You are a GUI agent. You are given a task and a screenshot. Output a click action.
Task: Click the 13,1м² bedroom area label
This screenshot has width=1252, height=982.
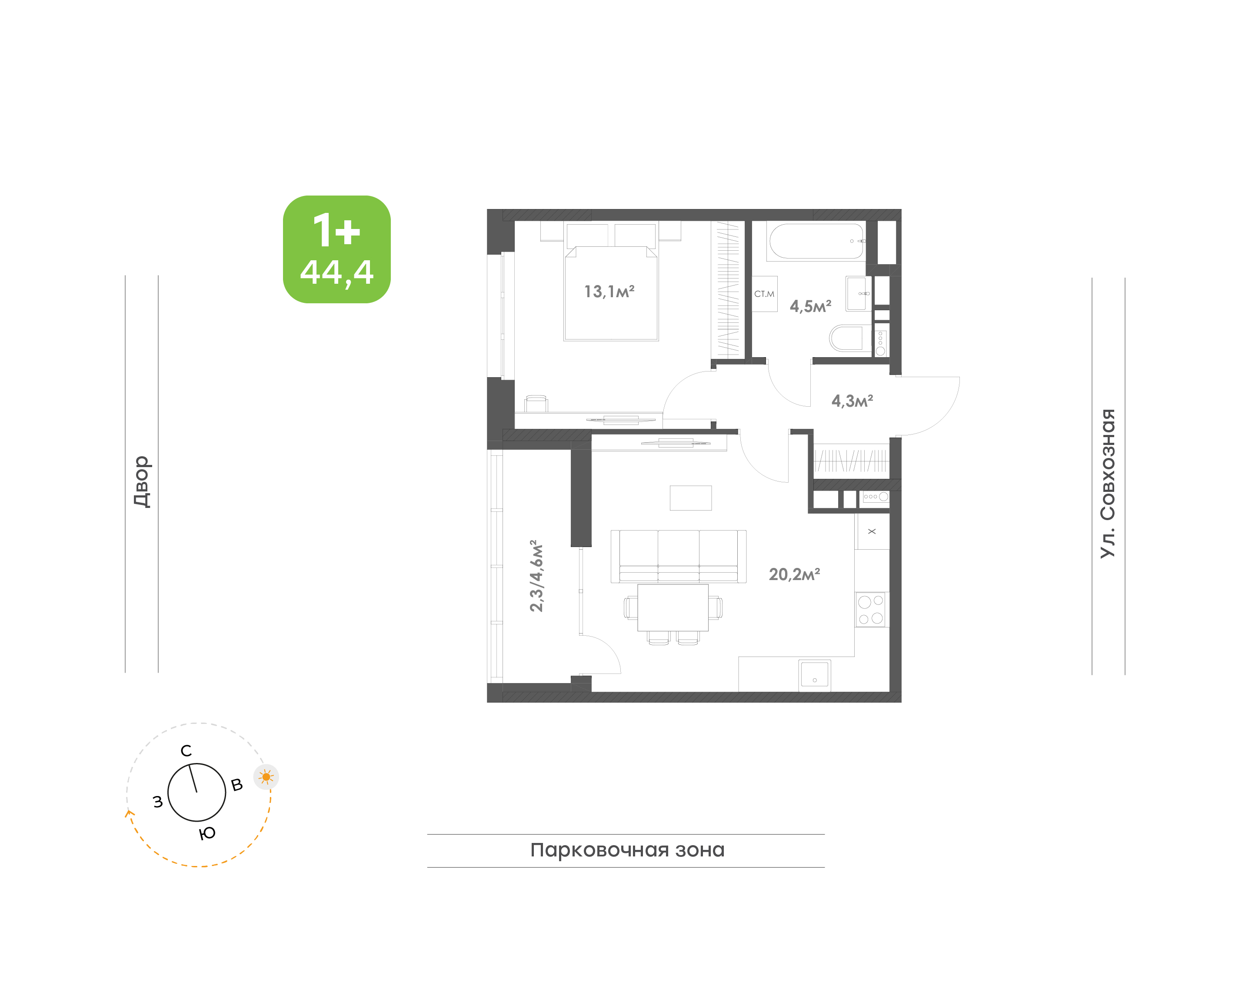tap(609, 292)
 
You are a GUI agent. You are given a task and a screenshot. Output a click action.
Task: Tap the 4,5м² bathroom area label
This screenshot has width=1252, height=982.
tap(810, 306)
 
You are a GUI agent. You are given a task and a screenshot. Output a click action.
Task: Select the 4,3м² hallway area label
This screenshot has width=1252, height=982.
tap(852, 400)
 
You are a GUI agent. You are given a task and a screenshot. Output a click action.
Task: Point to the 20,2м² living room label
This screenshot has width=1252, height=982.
tap(794, 574)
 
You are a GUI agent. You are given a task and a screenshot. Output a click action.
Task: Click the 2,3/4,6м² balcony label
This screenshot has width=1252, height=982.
tap(536, 576)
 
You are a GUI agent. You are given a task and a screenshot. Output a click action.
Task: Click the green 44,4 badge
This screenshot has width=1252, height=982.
tap(336, 249)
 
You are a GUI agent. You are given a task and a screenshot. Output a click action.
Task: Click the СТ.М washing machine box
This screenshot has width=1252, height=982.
tap(764, 294)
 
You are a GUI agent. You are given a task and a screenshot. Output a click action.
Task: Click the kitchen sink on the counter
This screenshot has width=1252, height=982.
tap(814, 674)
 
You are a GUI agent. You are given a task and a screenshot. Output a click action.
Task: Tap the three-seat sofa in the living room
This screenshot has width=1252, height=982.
tap(679, 557)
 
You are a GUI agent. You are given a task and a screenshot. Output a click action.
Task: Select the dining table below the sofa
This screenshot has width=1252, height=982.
tap(673, 608)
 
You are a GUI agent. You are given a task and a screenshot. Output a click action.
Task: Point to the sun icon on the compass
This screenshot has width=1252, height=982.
tap(266, 777)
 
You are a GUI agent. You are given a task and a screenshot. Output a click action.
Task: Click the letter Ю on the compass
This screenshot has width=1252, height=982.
tap(207, 833)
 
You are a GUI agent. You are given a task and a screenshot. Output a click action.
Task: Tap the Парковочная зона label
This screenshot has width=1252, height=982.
tap(627, 850)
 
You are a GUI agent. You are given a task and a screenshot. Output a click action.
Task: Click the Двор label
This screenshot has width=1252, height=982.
tap(141, 482)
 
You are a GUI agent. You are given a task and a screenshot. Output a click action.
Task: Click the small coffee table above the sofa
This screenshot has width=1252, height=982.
tap(691, 498)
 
